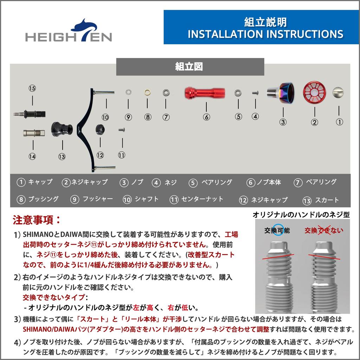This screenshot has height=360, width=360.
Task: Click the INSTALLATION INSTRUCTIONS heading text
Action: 265,34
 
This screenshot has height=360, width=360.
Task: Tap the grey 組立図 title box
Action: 190,67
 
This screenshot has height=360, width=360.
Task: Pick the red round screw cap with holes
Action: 315,93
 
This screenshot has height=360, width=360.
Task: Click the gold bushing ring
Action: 147,93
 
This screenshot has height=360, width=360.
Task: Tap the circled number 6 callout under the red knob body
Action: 206,117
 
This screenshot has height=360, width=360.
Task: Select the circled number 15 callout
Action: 32,88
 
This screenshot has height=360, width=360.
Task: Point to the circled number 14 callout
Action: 32,156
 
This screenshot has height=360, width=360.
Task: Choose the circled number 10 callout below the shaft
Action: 105,117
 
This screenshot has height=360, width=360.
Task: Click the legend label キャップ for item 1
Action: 40,182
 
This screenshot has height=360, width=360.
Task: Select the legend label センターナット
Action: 202,199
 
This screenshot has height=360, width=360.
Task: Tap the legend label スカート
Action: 327,200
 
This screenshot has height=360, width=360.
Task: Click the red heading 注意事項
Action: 37,220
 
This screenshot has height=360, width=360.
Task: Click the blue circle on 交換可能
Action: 280,229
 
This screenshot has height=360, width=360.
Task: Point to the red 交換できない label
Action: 323,230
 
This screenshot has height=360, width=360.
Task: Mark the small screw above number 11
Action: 122,130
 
